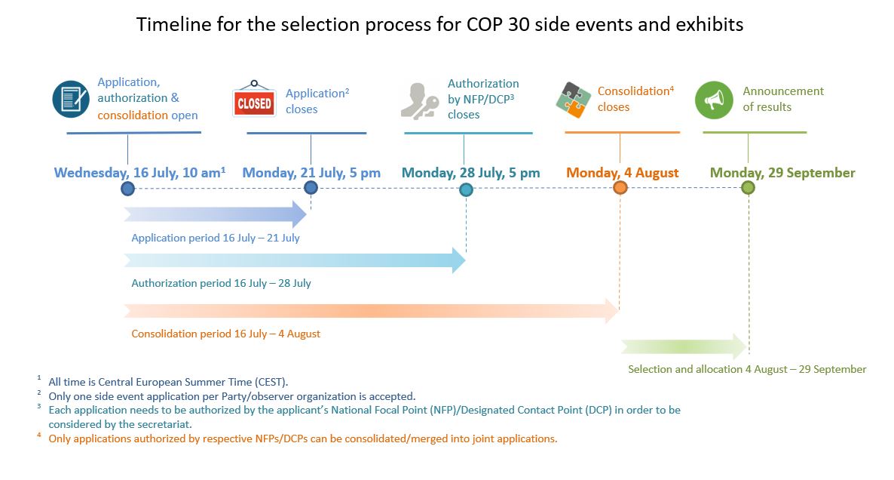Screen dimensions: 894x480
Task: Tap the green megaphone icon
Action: click(714, 100)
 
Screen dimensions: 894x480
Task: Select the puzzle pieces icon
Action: click(574, 100)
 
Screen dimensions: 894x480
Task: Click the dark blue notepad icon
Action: click(71, 99)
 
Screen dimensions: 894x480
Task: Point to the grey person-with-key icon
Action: click(420, 101)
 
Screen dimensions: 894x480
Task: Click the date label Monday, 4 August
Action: click(622, 173)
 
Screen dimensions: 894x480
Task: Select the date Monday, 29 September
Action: click(782, 173)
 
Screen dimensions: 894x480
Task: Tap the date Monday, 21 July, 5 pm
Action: click(311, 173)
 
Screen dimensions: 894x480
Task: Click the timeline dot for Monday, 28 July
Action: click(466, 190)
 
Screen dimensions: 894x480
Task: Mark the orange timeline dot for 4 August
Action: click(620, 188)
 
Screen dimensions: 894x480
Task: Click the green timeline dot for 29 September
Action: click(748, 188)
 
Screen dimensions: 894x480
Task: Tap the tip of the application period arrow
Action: click(307, 214)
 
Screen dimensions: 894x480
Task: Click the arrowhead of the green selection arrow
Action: click(746, 346)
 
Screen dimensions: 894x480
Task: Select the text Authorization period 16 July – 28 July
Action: click(221, 283)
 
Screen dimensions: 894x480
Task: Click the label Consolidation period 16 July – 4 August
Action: click(226, 334)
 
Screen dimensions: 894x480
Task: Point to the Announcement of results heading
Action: click(783, 99)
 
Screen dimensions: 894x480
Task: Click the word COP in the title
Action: click(484, 25)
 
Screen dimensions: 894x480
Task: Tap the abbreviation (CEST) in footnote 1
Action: click(271, 382)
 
